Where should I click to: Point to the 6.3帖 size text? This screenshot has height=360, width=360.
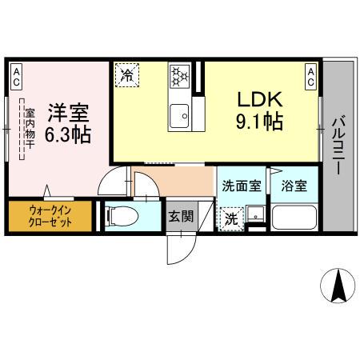[x=66, y=134]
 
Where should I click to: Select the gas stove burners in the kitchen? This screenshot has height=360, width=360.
[x=180, y=78]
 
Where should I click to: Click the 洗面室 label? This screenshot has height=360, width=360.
[x=241, y=186]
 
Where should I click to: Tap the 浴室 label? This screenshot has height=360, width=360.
[x=292, y=186]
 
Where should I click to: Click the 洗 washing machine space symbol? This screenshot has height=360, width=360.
[x=230, y=218]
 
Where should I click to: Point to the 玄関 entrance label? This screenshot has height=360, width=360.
[x=179, y=215]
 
